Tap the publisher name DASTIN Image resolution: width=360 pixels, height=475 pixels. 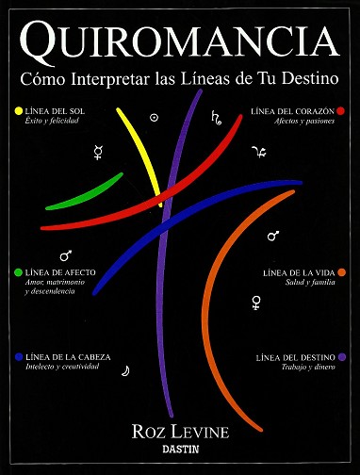tap(180, 450)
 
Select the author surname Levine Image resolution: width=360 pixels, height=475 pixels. tap(200, 432)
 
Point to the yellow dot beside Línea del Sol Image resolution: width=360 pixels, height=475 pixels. tap(19, 110)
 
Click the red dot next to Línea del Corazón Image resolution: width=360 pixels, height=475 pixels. tap(340, 111)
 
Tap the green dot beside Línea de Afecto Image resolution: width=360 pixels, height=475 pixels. tap(19, 272)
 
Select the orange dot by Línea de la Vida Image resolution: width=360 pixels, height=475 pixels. tap(342, 272)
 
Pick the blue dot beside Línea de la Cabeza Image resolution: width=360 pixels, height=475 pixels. tap(19, 357)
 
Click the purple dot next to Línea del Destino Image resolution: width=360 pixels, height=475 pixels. tap(342, 357)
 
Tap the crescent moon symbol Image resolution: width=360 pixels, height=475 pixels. tap(125, 370)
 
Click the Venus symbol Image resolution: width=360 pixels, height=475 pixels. tap(256, 303)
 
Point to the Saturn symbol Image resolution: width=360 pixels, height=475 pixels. tap(216, 118)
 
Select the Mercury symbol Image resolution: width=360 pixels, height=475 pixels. tap(98, 153)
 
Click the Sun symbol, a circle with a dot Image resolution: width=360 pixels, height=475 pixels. tap(154, 118)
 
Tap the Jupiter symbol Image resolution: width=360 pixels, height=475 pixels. tap(259, 152)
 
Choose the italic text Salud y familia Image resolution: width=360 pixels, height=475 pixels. tap(310, 282)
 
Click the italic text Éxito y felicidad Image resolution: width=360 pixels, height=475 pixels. tap(52, 121)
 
